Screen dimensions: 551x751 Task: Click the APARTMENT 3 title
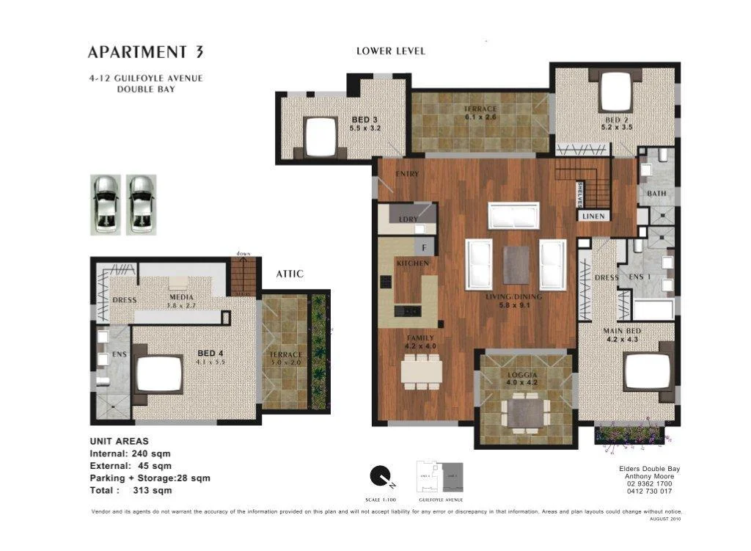(145, 52)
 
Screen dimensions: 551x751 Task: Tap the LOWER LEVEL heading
(390, 51)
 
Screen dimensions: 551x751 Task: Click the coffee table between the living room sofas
(516, 264)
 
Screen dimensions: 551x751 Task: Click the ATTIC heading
(290, 274)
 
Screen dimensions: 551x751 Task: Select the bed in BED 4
(159, 374)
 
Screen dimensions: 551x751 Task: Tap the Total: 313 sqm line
(131, 490)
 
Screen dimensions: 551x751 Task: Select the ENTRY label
(406, 174)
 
